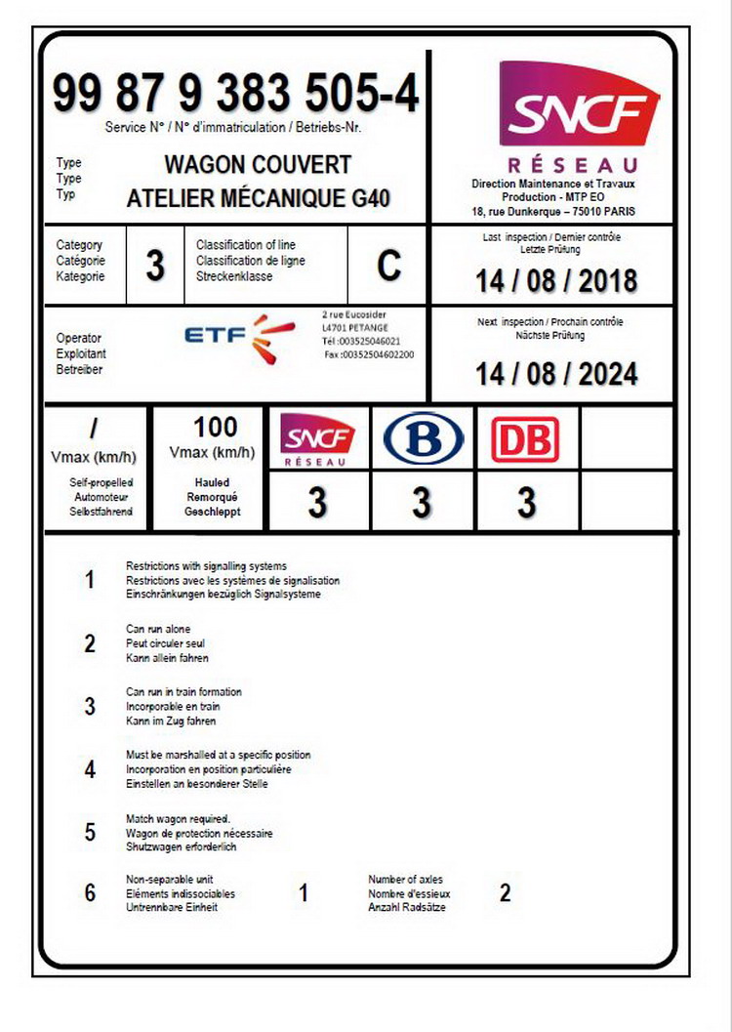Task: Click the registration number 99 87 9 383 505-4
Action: (x=235, y=95)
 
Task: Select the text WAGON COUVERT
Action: (x=258, y=164)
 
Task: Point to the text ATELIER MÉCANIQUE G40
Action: (x=259, y=199)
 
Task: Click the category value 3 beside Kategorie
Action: (x=155, y=267)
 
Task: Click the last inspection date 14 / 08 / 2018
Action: (x=556, y=281)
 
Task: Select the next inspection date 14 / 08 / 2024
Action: (x=556, y=374)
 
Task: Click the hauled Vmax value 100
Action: (x=215, y=427)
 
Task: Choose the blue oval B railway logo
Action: (x=423, y=439)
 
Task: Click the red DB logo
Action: (x=526, y=439)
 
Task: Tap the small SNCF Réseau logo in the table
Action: (x=317, y=439)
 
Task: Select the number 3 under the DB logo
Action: (x=526, y=504)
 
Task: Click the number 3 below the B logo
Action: (x=422, y=504)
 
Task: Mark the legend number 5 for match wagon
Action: (x=90, y=833)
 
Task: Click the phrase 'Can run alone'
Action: (x=158, y=630)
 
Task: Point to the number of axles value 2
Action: (x=505, y=893)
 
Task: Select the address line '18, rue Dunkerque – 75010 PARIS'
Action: (x=552, y=210)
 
